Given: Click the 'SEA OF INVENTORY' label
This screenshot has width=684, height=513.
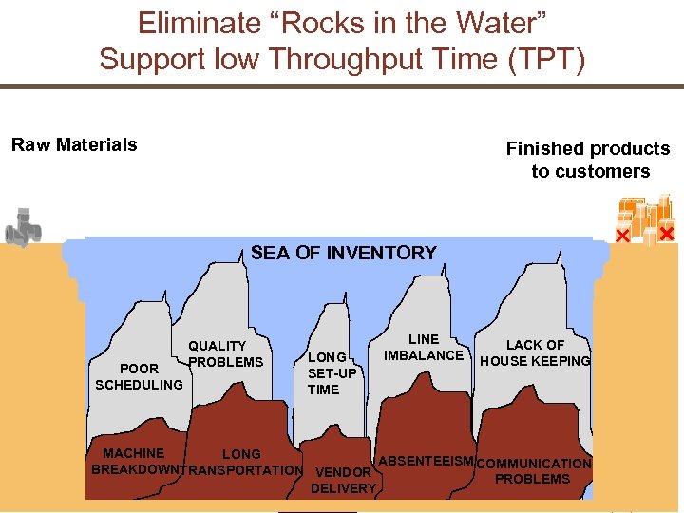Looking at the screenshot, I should coord(343,253).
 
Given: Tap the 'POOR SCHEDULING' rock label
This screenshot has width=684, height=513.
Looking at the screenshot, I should coord(139,376).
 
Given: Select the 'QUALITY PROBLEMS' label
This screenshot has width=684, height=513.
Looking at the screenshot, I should coord(224,354).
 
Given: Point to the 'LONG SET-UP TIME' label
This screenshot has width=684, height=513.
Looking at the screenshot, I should coord(331,373).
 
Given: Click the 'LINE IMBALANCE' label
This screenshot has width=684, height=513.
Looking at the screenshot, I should coord(424,347).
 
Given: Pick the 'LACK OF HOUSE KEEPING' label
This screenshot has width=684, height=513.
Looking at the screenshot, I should coord(535,352).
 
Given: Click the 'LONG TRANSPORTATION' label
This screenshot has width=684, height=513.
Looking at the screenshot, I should coord(242,462).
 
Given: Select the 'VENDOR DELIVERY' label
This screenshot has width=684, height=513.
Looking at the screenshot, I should coord(343,480).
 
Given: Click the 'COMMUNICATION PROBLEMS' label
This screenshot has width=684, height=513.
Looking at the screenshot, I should coord(533,471).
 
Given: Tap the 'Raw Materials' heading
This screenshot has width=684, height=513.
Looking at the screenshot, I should coord(74,144).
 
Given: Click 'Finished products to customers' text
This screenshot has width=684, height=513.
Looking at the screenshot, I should coord(589,160).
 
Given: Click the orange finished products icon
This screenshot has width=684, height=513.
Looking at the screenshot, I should coord(646,219).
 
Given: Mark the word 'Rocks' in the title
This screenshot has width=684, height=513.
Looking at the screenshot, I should coord(312,23).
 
